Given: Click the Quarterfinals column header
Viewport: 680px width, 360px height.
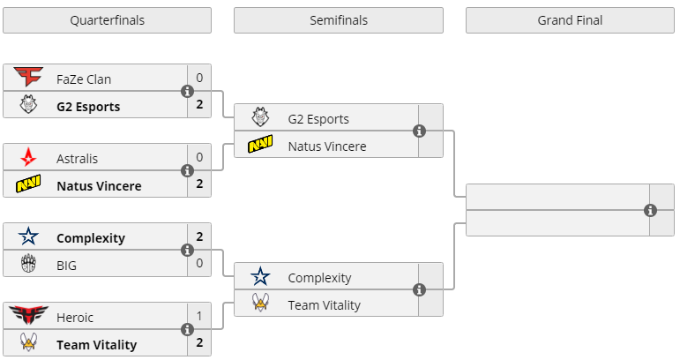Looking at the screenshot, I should coord(107,20).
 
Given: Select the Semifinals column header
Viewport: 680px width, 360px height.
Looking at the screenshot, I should coord(339,20).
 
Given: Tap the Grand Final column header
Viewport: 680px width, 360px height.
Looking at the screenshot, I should coord(570,20).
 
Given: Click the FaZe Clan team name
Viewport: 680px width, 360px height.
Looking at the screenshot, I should coord(84,79).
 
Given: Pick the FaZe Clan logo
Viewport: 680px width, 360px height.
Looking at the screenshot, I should coord(28,79).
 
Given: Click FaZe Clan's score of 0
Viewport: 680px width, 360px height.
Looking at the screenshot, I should coord(199,78).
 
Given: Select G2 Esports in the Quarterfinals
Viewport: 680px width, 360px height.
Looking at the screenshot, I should coord(88,107).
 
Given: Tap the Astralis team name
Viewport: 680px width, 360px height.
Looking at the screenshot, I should coord(77,158).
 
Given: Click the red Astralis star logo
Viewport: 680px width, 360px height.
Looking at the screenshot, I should coord(28,158).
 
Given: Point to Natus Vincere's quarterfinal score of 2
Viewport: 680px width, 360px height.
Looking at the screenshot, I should coord(199,184).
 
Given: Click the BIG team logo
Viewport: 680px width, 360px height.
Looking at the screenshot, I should coord(28,264).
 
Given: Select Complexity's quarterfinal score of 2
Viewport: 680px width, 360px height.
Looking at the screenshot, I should coord(199,236).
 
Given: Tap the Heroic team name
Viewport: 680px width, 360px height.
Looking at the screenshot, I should coord(75,317).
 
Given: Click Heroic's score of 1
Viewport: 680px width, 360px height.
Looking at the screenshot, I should coord(199,316).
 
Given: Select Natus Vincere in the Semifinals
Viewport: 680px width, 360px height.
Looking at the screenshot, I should coord(326,146).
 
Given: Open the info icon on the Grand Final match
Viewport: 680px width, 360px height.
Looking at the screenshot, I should coord(650,210).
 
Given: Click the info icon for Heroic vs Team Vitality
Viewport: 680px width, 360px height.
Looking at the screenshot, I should coord(187,329).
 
